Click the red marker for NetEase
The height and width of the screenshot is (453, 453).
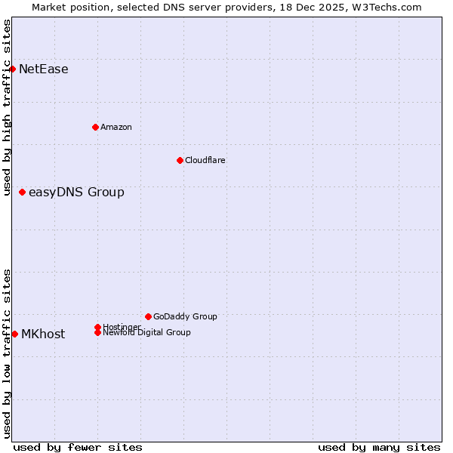click(x=12, y=69)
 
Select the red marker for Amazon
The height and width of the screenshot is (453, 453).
click(x=95, y=127)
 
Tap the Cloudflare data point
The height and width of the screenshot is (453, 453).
click(x=180, y=160)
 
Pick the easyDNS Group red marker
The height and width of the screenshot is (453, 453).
click(x=22, y=192)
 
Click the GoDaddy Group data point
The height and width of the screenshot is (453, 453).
click(x=148, y=316)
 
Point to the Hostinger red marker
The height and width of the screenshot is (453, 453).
click(x=97, y=327)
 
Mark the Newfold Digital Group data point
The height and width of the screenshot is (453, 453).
click(x=97, y=332)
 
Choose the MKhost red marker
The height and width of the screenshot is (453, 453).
click(x=14, y=334)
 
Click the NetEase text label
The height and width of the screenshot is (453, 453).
click(x=44, y=69)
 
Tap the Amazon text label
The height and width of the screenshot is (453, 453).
click(x=116, y=127)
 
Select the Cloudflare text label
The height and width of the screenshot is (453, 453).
click(x=205, y=160)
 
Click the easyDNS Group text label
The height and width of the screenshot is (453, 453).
click(x=76, y=193)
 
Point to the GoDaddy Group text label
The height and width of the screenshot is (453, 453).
click(x=185, y=316)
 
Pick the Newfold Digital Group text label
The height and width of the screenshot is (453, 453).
click(x=147, y=332)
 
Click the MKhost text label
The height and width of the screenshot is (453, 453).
click(x=43, y=334)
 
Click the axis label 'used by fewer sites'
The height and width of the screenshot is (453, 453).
click(x=78, y=447)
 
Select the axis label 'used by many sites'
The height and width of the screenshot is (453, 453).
click(x=379, y=447)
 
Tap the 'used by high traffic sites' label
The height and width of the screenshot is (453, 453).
click(x=7, y=107)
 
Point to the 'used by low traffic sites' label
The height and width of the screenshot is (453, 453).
click(x=7, y=353)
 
